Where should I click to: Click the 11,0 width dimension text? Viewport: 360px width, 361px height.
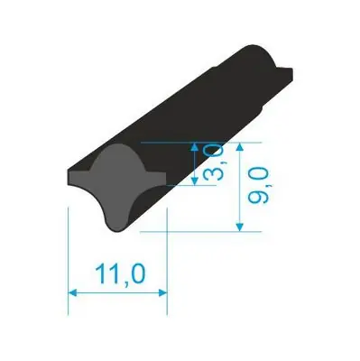point(120,273)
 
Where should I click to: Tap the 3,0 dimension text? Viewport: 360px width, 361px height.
point(213,163)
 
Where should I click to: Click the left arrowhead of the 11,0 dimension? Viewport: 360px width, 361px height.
point(73,292)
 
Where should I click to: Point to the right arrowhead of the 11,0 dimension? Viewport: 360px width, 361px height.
point(162,292)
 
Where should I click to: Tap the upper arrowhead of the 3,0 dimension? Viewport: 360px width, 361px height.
point(195,147)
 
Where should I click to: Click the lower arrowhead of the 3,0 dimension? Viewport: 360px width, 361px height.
point(195,180)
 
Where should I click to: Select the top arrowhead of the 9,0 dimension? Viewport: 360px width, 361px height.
point(239,147)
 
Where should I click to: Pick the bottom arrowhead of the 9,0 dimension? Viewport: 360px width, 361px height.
point(239,227)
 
